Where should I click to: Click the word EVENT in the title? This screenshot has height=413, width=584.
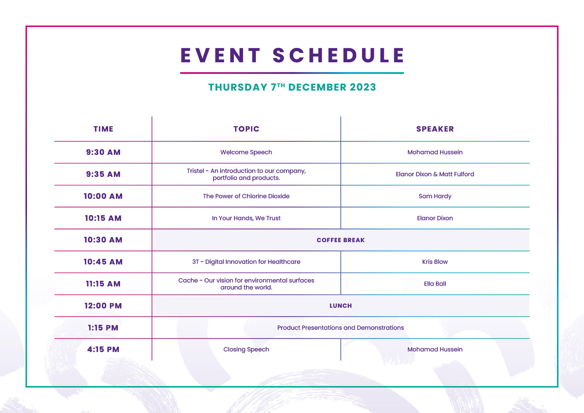click(220, 55)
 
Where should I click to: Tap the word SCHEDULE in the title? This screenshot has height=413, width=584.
click(338, 55)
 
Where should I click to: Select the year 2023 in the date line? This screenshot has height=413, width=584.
click(363, 87)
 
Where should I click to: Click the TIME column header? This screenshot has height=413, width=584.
click(103, 129)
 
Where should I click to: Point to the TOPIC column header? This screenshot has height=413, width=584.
click(246, 129)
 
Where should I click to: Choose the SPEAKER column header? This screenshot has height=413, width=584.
click(435, 129)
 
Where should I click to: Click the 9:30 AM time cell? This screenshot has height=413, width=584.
click(103, 152)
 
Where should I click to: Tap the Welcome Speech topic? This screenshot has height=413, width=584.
click(246, 152)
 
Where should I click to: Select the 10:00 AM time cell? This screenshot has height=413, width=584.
click(103, 196)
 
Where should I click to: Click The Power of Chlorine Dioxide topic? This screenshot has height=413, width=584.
click(246, 196)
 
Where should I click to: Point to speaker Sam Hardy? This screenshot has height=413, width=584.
click(435, 196)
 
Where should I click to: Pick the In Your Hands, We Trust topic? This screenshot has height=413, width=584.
click(246, 218)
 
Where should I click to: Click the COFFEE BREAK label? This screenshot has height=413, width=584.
click(341, 240)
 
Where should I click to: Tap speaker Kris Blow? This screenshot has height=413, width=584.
click(435, 262)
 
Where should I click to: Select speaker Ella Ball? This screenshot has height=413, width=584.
click(435, 284)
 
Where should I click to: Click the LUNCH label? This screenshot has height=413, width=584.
click(341, 306)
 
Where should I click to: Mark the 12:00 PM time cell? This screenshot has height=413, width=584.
click(103, 306)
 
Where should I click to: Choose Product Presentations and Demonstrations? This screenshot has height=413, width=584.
click(341, 328)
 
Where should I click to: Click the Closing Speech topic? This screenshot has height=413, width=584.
click(246, 349)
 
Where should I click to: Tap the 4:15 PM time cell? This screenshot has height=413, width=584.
click(103, 349)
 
